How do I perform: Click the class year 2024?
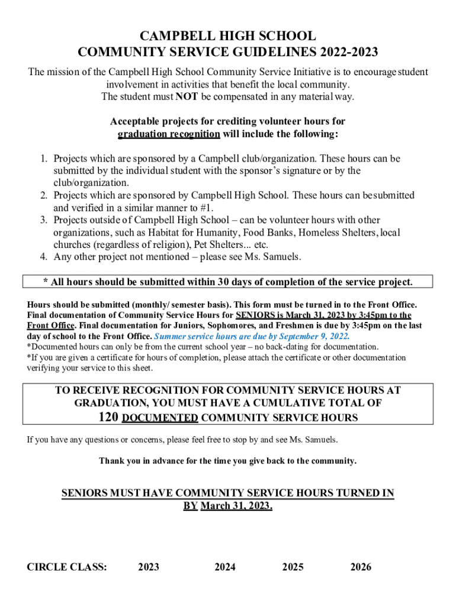225,567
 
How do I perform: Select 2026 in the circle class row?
361,567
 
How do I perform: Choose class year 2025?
293,567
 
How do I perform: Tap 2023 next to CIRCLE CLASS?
149,567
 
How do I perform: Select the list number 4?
44,257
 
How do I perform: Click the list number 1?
44,159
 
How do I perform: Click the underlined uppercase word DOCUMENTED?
160,418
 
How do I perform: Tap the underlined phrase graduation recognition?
169,134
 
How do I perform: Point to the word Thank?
110,460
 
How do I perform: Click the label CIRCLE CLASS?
67,567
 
